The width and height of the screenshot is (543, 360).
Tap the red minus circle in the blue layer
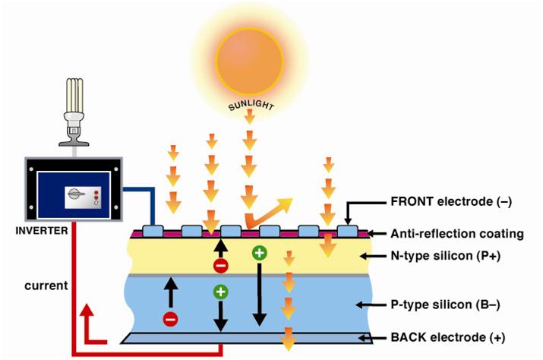(170, 319)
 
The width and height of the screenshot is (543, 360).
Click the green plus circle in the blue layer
(220, 291)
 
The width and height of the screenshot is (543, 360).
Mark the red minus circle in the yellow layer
(220, 266)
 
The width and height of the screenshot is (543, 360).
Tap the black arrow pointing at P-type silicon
(365, 305)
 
